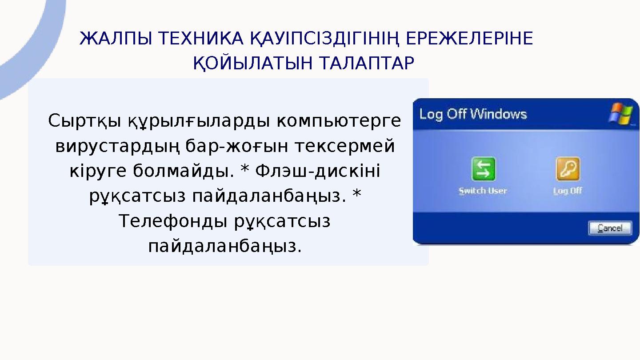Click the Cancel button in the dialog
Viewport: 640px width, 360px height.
click(610, 228)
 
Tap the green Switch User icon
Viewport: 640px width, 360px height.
click(483, 169)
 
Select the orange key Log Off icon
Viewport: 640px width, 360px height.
click(568, 169)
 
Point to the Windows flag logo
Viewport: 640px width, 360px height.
click(620, 114)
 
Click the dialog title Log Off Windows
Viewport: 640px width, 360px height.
click(473, 114)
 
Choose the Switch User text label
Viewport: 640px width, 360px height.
click(483, 191)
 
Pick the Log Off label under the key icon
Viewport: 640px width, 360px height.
click(568, 191)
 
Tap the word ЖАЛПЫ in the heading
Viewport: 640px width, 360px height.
click(114, 40)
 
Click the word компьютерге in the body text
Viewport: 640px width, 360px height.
click(339, 121)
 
